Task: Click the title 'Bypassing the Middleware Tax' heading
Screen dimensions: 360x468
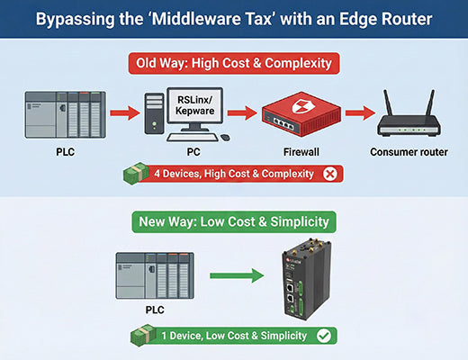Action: (x=234, y=19)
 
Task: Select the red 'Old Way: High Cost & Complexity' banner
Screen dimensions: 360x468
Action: (x=234, y=64)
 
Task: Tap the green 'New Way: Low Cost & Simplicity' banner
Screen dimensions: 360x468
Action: (x=234, y=220)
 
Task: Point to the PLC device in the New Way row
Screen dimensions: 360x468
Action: (x=154, y=277)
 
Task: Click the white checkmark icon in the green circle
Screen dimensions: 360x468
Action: (x=322, y=336)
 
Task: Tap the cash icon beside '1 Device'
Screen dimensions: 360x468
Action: (x=143, y=336)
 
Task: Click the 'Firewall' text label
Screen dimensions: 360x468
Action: (x=301, y=152)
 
